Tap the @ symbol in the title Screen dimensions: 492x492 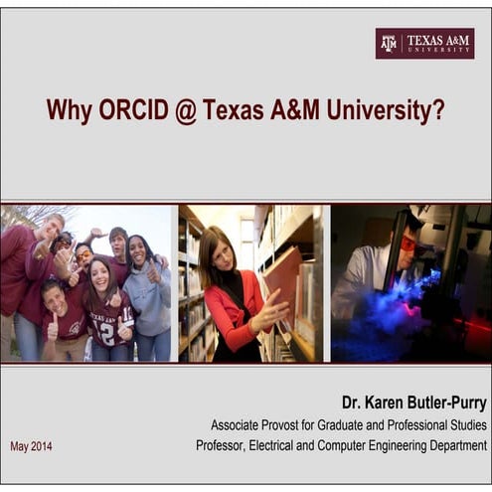[x=185, y=110]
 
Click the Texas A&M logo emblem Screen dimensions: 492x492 [x=389, y=43]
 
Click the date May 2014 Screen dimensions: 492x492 [x=31, y=446]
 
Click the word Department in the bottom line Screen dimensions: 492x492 [x=453, y=446]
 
